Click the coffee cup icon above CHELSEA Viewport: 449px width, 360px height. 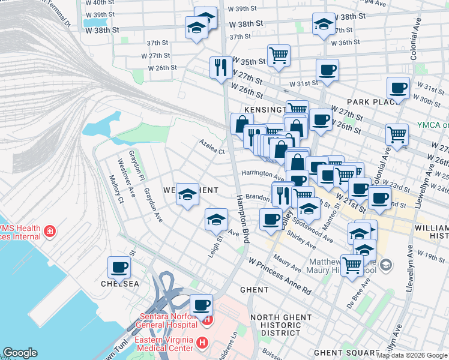pyautogui.click(x=119, y=267)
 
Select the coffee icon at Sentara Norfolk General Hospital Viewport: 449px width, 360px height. pyautogui.click(x=202, y=305)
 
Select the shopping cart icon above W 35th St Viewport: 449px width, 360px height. pyautogui.click(x=279, y=56)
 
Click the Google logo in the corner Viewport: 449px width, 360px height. pyautogui.click(x=20, y=353)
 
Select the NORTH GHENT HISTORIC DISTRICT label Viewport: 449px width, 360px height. pyautogui.click(x=275, y=325)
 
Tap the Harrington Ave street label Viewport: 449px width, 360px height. pyautogui.click(x=262, y=175)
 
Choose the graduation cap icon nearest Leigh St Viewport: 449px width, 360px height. pyautogui.click(x=216, y=220)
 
